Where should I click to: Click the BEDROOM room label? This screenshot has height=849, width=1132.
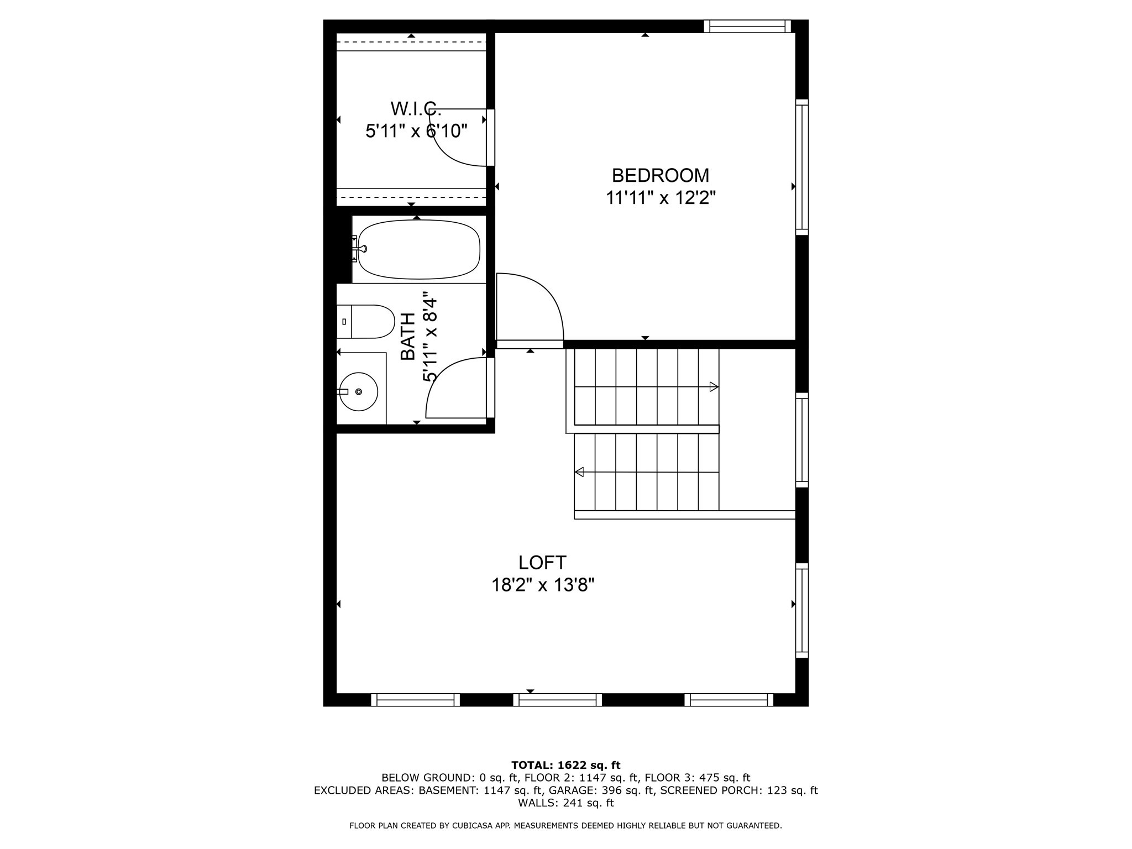tap(660, 175)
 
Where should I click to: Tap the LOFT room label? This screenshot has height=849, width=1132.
tap(542, 563)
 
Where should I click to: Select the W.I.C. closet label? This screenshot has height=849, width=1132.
tap(416, 108)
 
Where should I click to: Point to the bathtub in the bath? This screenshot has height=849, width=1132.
tap(418, 249)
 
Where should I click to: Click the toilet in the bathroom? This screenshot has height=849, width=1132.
tap(366, 322)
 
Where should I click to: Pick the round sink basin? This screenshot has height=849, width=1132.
tap(359, 391)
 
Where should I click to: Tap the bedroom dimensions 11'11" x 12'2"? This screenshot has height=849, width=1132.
tap(660, 198)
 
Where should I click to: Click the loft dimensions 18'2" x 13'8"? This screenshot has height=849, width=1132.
tap(543, 585)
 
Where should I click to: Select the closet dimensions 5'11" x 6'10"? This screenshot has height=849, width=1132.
tap(416, 132)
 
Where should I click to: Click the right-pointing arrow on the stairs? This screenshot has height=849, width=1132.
tap(714, 387)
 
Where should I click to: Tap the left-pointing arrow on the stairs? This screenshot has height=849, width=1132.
tap(579, 472)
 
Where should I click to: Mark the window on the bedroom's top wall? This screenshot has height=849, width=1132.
tap(747, 26)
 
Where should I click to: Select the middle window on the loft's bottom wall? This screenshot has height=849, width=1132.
tap(557, 700)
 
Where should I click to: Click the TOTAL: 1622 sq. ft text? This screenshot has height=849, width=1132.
tap(565, 766)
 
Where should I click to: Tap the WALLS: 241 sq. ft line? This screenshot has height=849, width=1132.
tap(565, 803)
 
